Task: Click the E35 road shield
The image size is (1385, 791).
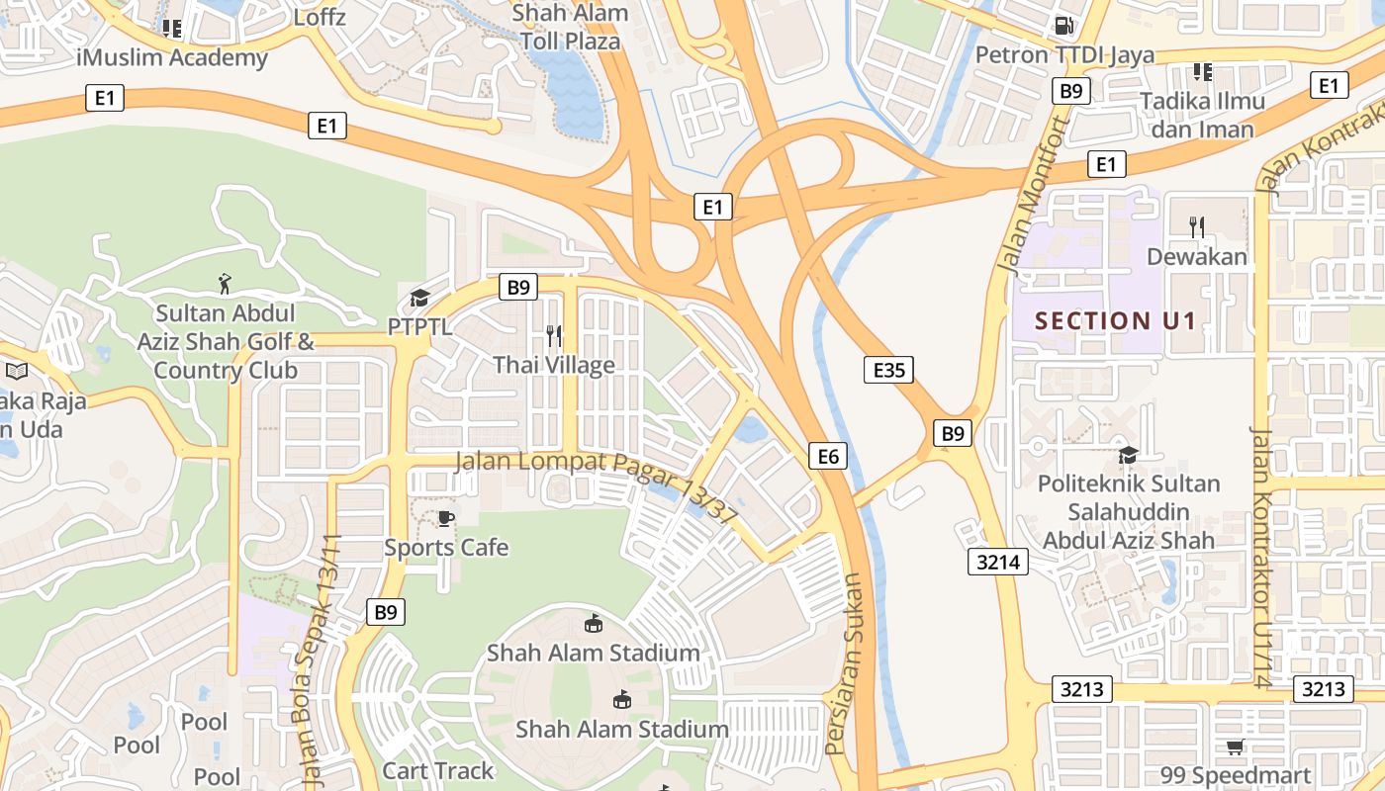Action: (887, 370)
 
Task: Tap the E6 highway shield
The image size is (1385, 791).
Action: (828, 455)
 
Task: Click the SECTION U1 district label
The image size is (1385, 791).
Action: (1115, 320)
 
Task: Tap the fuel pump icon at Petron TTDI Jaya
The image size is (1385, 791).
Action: (1064, 26)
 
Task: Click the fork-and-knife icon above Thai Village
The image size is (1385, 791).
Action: (554, 336)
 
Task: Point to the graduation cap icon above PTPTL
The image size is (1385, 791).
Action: (419, 298)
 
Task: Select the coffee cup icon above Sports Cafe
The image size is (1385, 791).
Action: (446, 518)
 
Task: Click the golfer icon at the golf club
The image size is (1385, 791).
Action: (226, 285)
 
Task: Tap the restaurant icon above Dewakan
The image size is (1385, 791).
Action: (1196, 227)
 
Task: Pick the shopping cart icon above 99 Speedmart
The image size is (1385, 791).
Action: (1235, 747)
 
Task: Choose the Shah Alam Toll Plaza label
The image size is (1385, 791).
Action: (571, 28)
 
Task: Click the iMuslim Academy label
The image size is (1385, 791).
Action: (172, 57)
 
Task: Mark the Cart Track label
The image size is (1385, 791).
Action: (437, 770)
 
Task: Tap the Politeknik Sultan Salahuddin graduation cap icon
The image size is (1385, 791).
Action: (1128, 455)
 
